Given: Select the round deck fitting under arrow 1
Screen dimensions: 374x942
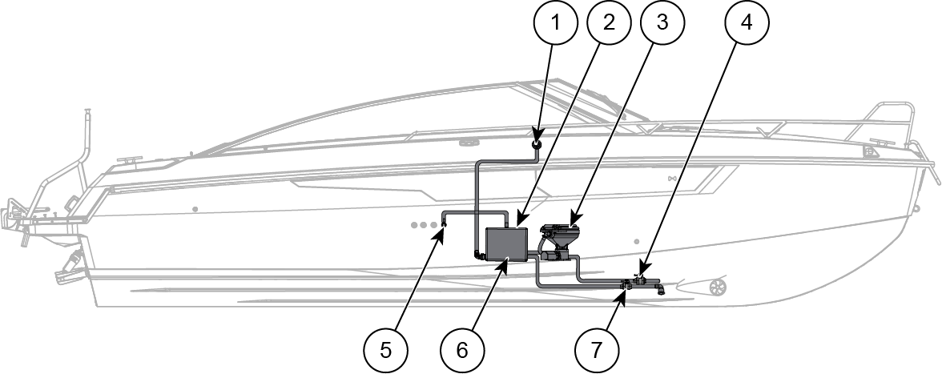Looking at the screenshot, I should click(x=537, y=144).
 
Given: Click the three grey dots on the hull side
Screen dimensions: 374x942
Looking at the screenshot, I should click(x=424, y=225).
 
